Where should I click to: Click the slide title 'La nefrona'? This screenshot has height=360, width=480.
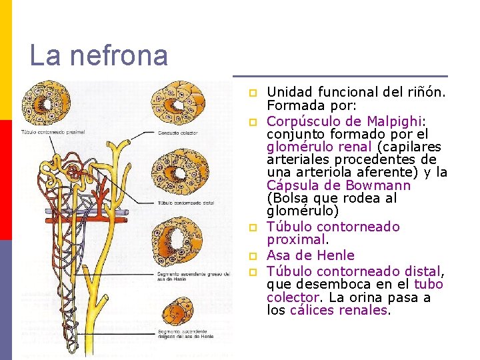[99, 55]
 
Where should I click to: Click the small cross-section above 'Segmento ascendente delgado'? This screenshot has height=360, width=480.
[178, 311]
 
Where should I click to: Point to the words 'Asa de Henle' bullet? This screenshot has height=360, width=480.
[311, 255]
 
